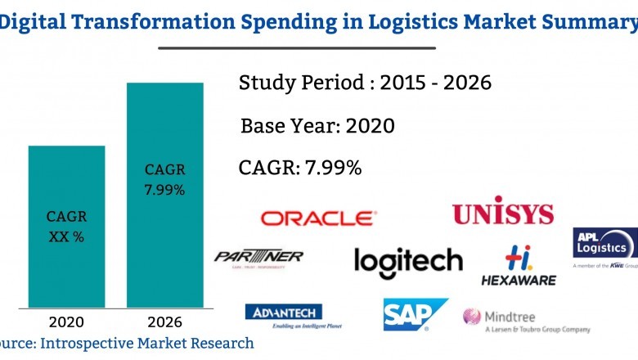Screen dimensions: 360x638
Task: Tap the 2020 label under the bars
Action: click(66, 321)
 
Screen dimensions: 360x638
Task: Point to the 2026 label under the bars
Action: click(164, 321)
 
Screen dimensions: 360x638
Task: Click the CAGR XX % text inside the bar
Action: click(66, 227)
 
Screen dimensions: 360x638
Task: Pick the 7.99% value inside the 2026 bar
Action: click(164, 190)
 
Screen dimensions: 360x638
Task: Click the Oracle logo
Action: click(318, 218)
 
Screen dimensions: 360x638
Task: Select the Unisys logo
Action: click(502, 214)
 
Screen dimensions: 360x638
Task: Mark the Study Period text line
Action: click(365, 83)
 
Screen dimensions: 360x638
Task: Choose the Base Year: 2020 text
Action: click(317, 126)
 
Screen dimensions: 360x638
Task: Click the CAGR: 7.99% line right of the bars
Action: click(300, 168)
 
